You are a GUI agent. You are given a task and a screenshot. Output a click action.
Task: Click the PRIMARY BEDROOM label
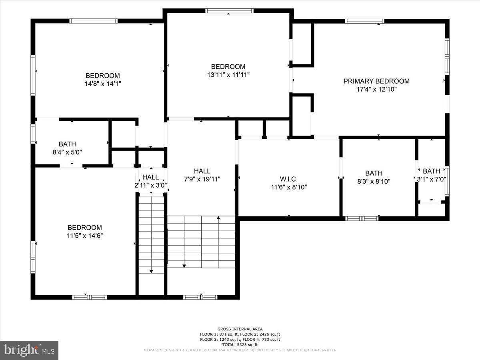(376, 81)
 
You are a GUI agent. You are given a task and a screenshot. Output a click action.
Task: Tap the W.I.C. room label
(289, 179)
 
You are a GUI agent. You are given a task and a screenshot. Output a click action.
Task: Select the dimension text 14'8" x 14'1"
(102, 84)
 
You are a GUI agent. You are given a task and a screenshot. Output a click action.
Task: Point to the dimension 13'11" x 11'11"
(228, 75)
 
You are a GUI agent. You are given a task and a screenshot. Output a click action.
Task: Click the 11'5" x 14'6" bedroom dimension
(84, 236)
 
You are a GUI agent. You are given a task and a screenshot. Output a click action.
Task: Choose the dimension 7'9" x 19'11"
(202, 179)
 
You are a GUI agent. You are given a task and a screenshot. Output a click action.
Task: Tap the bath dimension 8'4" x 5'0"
(67, 152)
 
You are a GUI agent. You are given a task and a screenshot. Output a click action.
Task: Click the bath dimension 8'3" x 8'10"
(374, 181)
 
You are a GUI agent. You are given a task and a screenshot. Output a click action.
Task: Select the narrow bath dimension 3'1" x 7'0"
(431, 180)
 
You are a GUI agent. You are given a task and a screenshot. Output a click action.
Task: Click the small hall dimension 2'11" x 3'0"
(150, 185)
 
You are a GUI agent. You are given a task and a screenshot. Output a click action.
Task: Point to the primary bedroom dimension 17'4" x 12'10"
(376, 90)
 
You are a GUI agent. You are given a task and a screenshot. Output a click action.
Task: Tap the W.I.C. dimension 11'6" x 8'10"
(289, 187)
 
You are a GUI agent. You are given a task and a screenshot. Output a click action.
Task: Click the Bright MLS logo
(29, 350)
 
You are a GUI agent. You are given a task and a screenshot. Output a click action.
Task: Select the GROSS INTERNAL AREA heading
(240, 329)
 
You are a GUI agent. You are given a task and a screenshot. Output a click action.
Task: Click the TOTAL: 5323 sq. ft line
(240, 344)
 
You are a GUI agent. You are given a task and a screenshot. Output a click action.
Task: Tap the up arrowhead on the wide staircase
(218, 218)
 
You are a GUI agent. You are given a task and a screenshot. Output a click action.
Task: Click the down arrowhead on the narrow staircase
(151, 271)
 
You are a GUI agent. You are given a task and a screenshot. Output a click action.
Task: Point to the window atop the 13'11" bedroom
(229, 11)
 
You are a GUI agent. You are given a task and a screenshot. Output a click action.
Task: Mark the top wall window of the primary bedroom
(364, 21)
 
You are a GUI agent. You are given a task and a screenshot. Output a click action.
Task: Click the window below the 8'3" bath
(362, 218)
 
